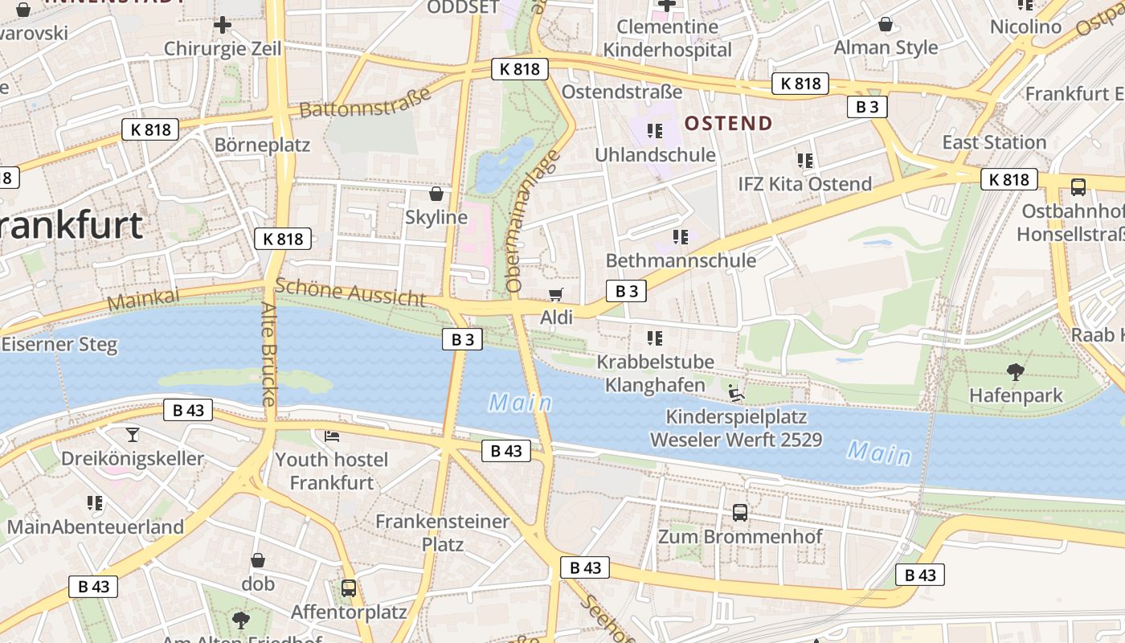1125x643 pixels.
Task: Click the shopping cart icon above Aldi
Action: point(555,294)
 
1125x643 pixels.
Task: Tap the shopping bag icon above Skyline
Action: point(436,194)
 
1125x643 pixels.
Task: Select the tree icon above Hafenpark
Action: point(1016,371)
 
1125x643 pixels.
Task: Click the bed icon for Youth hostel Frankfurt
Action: point(332,436)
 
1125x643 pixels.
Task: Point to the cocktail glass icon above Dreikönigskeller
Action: point(133,435)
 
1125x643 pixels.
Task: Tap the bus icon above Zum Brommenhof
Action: point(740,512)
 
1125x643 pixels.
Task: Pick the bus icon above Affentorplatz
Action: point(349,588)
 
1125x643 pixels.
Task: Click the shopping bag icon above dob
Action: point(258,560)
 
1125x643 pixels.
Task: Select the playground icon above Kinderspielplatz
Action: point(736,393)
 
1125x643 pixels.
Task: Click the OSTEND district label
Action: point(728,123)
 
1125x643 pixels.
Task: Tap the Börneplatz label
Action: point(262,145)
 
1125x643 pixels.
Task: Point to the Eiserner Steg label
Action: point(59,345)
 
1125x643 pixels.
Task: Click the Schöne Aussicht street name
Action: point(350,293)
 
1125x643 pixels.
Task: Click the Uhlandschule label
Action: point(655,154)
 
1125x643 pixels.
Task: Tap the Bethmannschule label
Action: point(681,260)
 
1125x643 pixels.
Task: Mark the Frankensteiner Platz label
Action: point(443,532)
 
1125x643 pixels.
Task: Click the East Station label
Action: point(994,142)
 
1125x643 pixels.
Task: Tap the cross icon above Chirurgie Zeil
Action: point(223,26)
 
